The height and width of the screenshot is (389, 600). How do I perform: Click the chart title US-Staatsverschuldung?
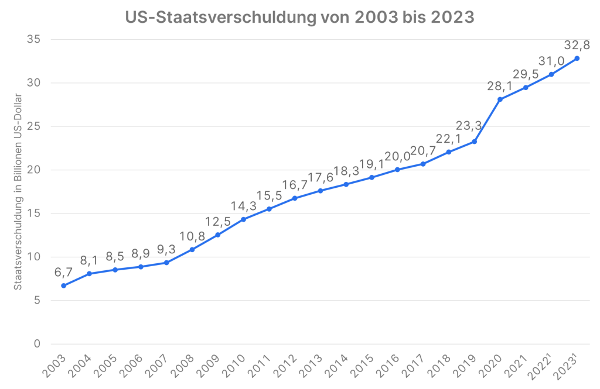pos(299,18)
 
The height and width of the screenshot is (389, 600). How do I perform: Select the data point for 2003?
pos(63,285)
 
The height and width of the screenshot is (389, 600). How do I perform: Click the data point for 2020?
pos(500,99)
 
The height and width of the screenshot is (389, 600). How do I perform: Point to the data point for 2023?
pos(577,58)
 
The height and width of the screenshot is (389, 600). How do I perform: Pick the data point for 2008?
pos(192,250)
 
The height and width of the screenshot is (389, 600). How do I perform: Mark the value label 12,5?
pos(217,222)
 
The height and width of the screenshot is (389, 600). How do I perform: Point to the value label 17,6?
pos(320,177)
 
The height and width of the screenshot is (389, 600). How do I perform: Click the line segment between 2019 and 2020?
pos(487,121)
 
